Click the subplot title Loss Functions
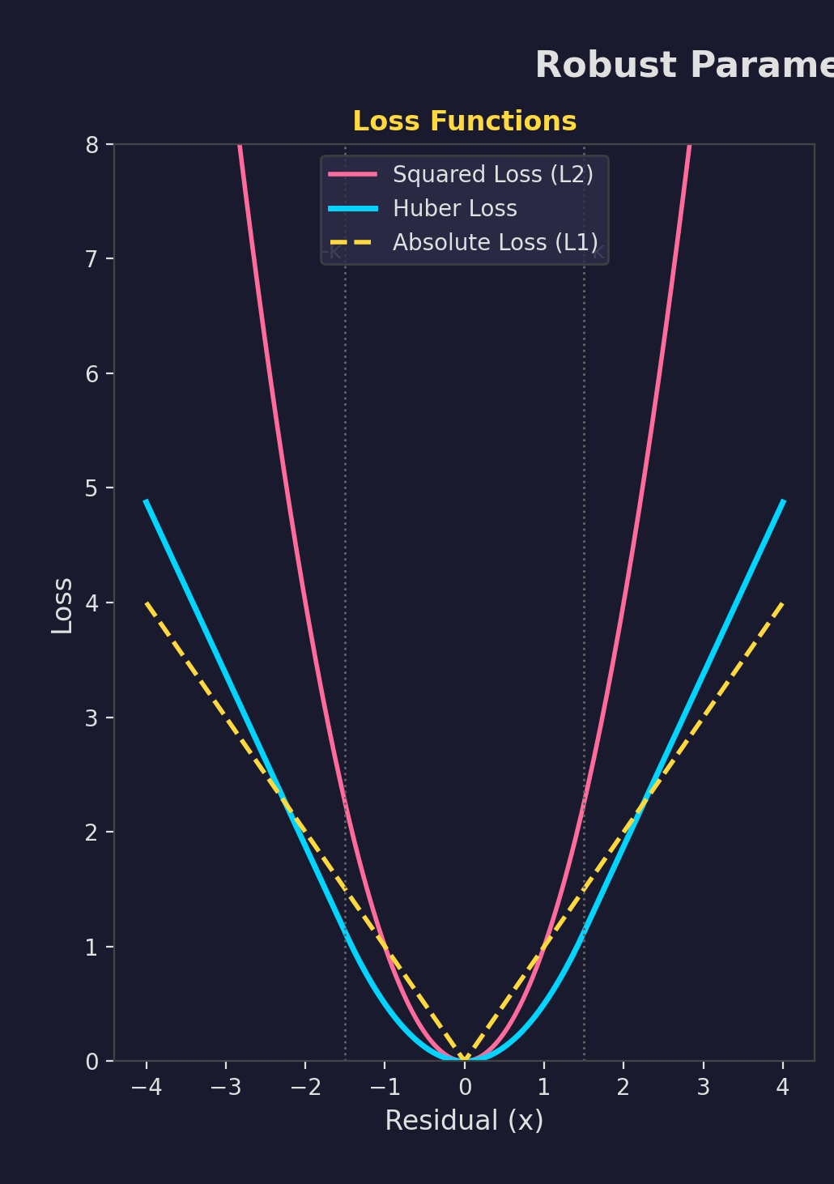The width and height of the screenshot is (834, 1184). click(x=464, y=121)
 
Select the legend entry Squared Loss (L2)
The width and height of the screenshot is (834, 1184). click(x=493, y=175)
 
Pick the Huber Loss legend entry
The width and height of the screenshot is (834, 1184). click(x=454, y=209)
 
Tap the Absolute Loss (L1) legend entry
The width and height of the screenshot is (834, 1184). click(x=496, y=243)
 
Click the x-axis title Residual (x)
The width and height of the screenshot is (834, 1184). click(x=464, y=1121)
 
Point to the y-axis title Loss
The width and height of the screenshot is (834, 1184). click(x=62, y=606)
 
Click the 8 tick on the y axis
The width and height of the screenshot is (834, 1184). click(x=91, y=145)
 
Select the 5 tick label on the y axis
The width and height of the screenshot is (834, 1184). click(x=91, y=488)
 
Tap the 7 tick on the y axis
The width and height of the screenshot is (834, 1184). click(x=91, y=259)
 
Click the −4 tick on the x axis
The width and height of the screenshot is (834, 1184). click(x=146, y=1087)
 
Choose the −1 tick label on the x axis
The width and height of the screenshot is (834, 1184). click(x=385, y=1087)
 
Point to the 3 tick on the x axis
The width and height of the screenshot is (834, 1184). click(x=703, y=1087)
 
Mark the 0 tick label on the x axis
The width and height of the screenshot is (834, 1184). click(x=465, y=1087)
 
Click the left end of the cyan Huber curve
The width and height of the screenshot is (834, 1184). click(x=147, y=501)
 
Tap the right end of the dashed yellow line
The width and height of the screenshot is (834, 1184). click(x=782, y=603)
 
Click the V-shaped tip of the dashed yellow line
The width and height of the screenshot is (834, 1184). click(x=465, y=1059)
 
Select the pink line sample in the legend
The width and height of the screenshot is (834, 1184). click(x=352, y=175)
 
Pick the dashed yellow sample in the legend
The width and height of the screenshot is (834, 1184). click(x=352, y=243)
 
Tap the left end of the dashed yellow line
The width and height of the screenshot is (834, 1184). click(x=147, y=603)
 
